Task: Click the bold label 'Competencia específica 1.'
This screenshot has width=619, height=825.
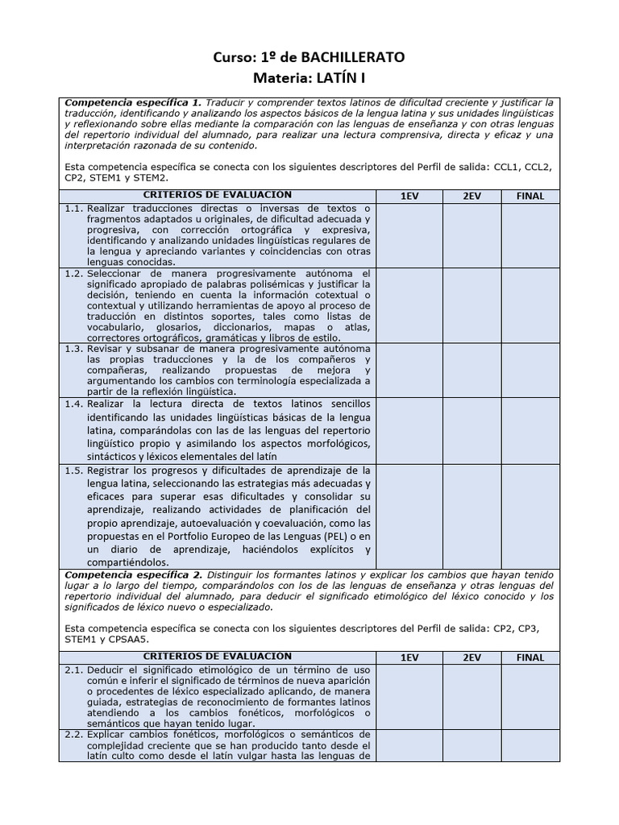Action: [133, 103]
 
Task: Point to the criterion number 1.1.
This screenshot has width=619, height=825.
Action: [73, 209]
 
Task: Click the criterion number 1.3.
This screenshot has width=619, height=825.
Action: [73, 349]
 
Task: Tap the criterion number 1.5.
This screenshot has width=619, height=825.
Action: [73, 471]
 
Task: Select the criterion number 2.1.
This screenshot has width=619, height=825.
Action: [73, 670]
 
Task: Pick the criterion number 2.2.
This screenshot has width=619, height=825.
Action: [73, 735]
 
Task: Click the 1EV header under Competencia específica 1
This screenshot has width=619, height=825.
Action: [409, 196]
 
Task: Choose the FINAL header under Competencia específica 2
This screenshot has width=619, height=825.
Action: [530, 657]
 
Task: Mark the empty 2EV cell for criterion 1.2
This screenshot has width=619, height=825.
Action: [471, 305]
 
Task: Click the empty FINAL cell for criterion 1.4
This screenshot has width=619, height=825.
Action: [530, 430]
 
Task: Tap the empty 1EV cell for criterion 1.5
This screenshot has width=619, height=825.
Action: [409, 516]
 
